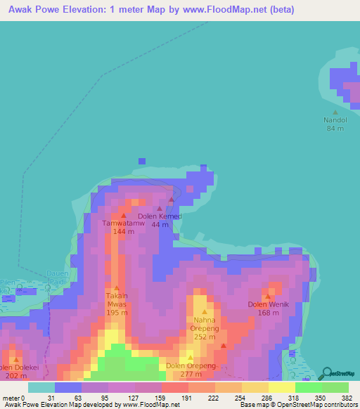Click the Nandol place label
point(335,120)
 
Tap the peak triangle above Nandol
point(335,112)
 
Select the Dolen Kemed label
point(160,216)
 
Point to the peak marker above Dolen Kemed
point(160,208)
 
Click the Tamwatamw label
point(124,223)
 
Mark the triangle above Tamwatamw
point(124,215)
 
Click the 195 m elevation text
point(117,313)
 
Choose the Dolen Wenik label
point(269,304)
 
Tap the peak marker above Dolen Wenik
point(268,296)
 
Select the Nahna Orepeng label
point(205,324)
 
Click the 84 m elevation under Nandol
point(335,129)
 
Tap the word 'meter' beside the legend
point(11,397)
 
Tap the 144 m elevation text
point(124,231)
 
